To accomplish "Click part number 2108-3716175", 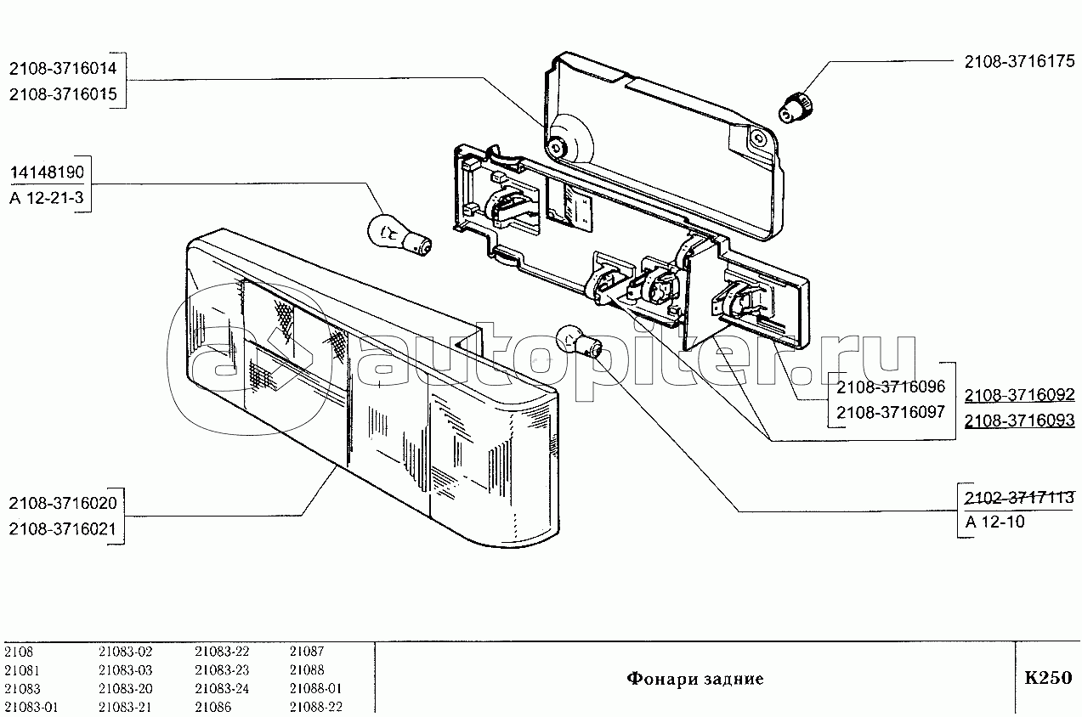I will (x=1018, y=62).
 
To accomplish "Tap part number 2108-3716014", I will (x=65, y=68).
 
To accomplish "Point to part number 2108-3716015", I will (x=65, y=94).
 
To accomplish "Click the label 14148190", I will (x=47, y=173).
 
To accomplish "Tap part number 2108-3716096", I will (x=890, y=387).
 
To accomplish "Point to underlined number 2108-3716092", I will (x=1018, y=395).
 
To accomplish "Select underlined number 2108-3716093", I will (x=1018, y=421).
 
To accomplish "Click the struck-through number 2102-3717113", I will (x=1018, y=496).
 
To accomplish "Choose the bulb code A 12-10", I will (x=994, y=522).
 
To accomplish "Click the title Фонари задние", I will (x=694, y=679).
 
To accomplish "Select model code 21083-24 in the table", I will (x=222, y=688).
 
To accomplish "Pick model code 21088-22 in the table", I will (x=315, y=707).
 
